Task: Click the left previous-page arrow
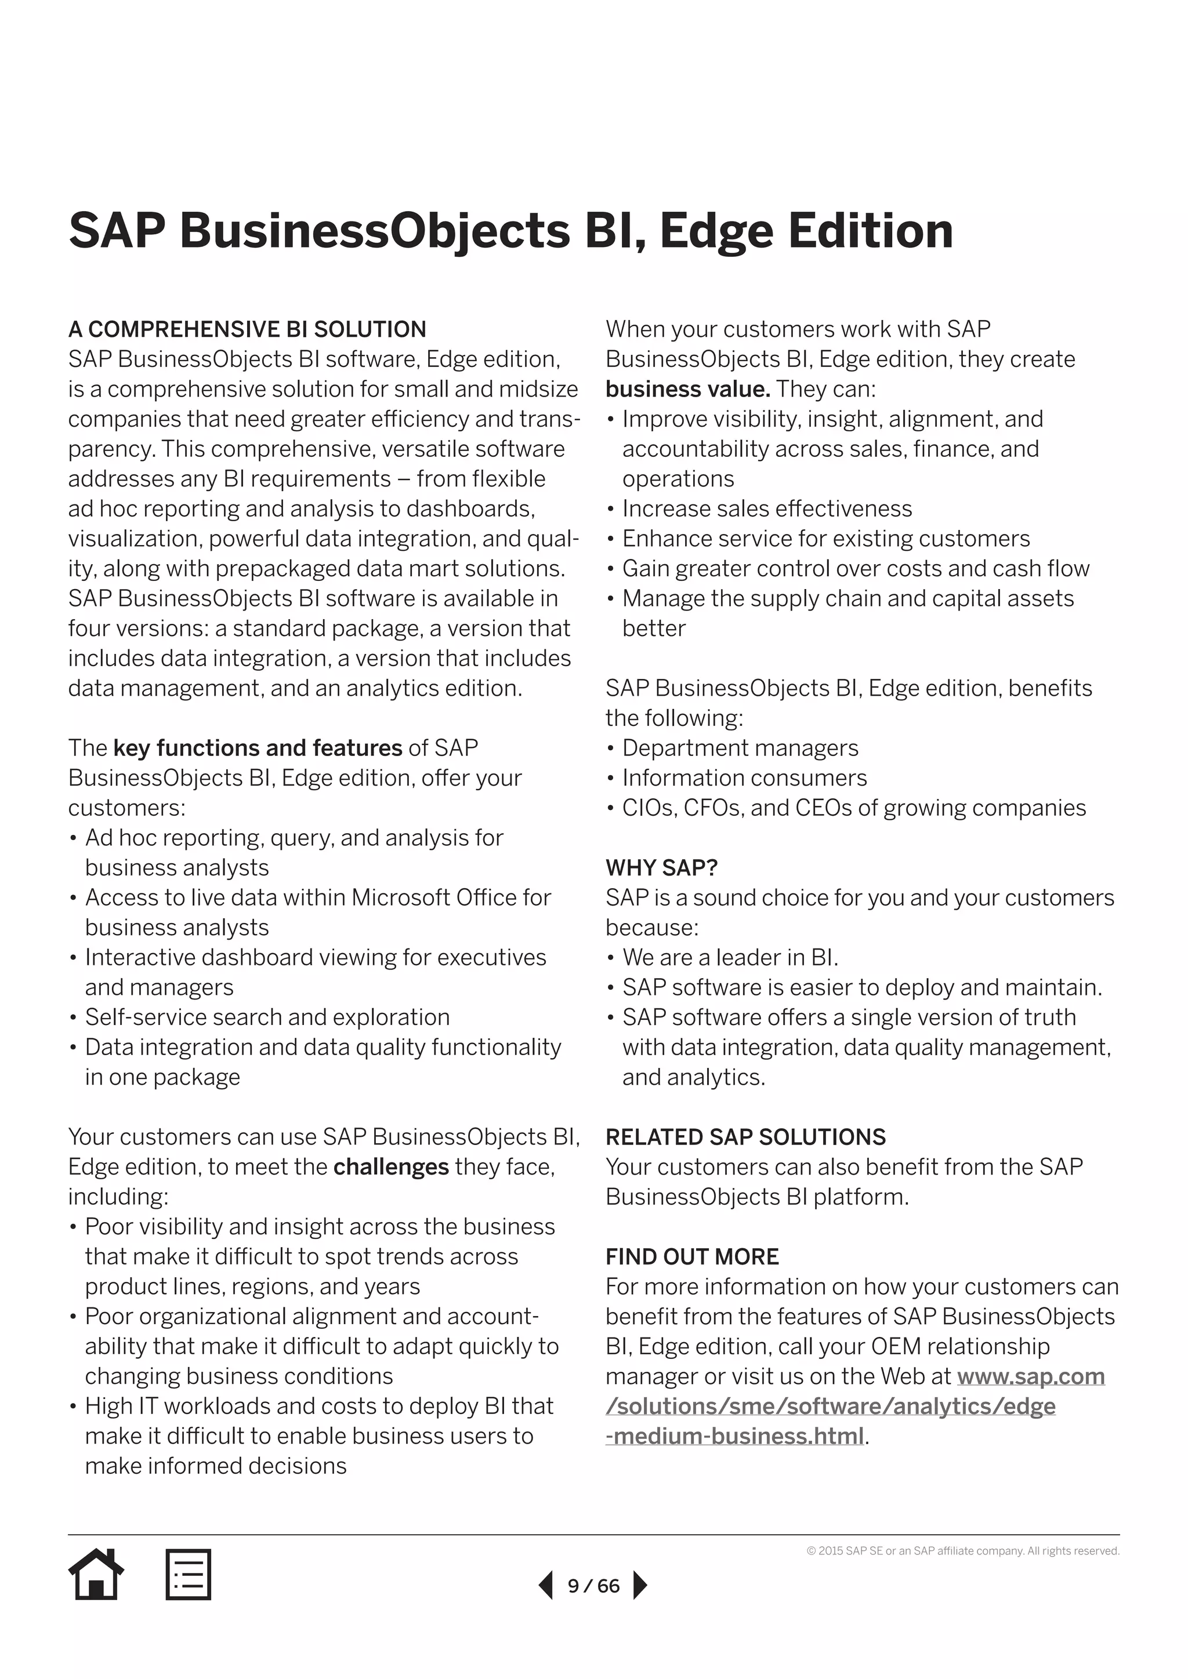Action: pyautogui.click(x=546, y=1586)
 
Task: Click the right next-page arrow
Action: pyautogui.click(x=639, y=1586)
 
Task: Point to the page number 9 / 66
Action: pyautogui.click(x=593, y=1586)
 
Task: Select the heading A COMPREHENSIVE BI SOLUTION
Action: pyautogui.click(x=247, y=330)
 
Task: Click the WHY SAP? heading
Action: pyautogui.click(x=661, y=868)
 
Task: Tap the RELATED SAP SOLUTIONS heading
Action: pyautogui.click(x=745, y=1137)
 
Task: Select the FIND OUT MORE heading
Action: pyautogui.click(x=691, y=1257)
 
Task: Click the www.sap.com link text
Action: pyautogui.click(x=1030, y=1376)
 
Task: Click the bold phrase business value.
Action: pyautogui.click(x=687, y=389)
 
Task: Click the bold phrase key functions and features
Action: pyautogui.click(x=258, y=748)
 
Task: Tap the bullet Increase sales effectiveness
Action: pyautogui.click(x=767, y=509)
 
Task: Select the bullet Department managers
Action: pyautogui.click(x=740, y=748)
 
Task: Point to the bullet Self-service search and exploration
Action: pyautogui.click(x=267, y=1017)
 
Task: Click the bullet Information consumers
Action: pyautogui.click(x=744, y=778)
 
